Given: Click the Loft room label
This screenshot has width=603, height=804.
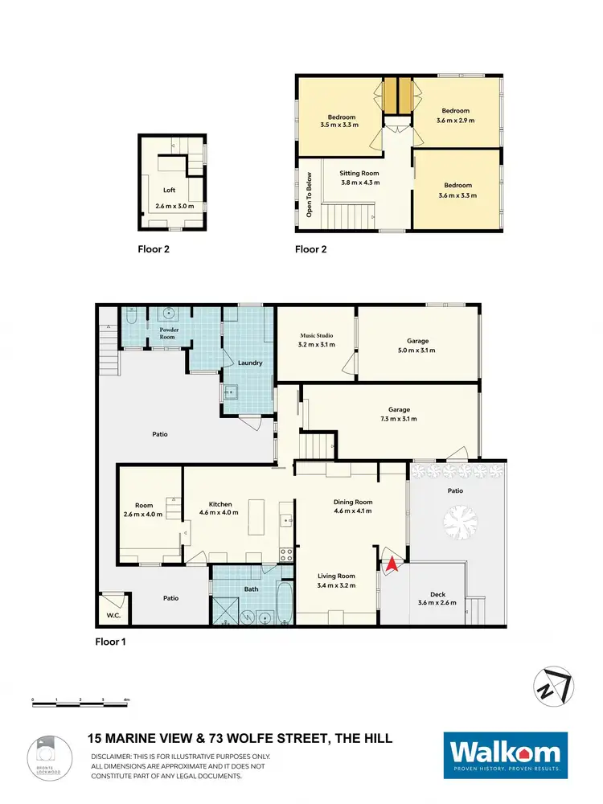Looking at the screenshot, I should pos(169,191).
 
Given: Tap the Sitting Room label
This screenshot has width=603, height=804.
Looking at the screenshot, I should pos(359,173).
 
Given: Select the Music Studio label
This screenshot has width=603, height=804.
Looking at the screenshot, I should pos(317,335).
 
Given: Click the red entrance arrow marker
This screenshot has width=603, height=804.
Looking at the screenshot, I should pos(391,564).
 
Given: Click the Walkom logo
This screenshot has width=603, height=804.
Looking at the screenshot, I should pos(506,755).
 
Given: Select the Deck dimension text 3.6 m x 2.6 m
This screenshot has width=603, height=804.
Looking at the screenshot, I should pos(437,603).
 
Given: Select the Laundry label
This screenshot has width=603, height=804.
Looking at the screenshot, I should pos(250,363).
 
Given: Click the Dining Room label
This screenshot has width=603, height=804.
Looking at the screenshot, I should pos(353,502).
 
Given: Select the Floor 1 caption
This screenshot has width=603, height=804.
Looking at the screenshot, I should pos(110,642).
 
